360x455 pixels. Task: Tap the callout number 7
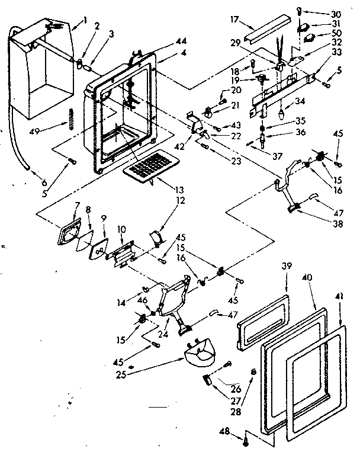[x=76, y=205]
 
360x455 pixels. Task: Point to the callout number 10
[x=121, y=229]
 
